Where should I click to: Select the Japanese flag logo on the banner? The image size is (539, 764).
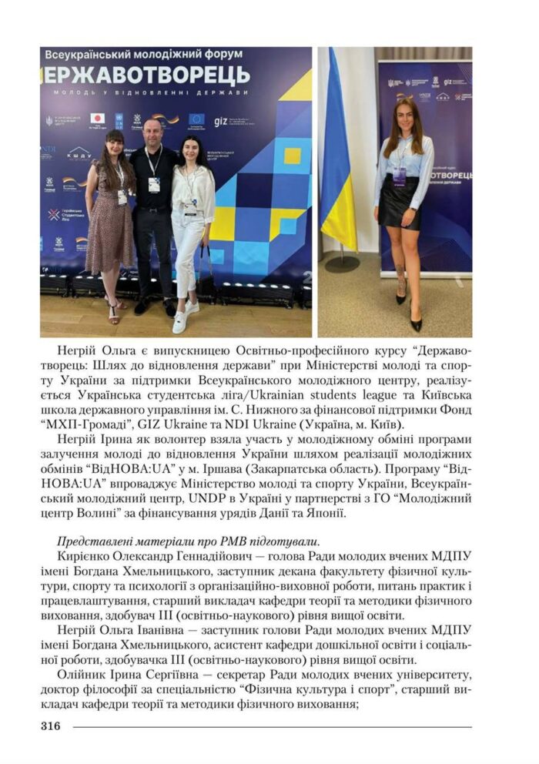pos(98,119)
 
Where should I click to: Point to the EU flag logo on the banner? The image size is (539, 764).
pos(196,119)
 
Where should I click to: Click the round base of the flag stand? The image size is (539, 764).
pos(342,262)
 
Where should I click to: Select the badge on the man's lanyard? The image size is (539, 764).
pos(154,185)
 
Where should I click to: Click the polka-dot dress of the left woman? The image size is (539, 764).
pos(108,223)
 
